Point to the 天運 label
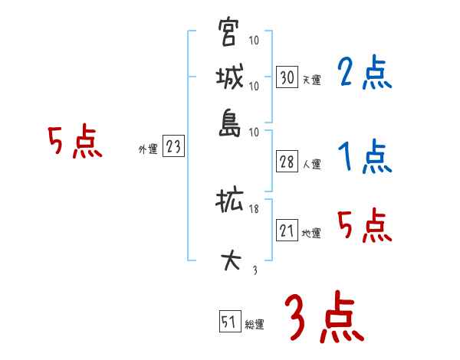[x=311, y=80]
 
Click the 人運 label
[x=311, y=164]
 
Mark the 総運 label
[x=255, y=324]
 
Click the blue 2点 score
[x=364, y=74]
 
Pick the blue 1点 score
[x=364, y=157]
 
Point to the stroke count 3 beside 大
[x=255, y=269]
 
